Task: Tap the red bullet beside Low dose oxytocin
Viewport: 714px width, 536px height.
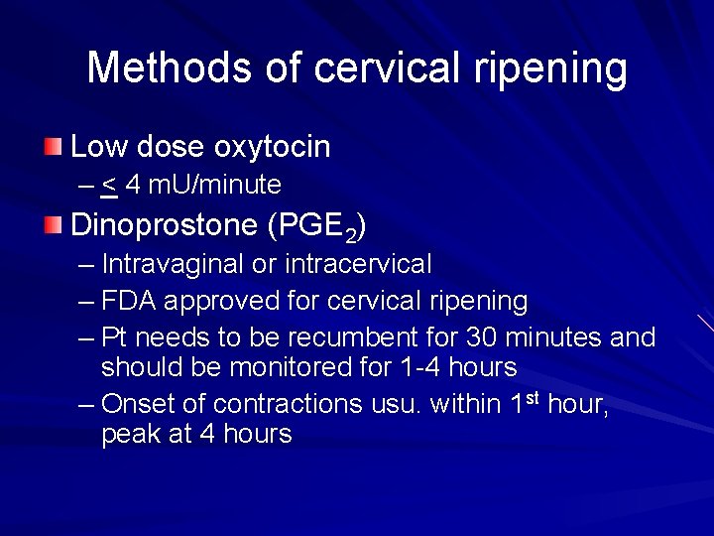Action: point(53,148)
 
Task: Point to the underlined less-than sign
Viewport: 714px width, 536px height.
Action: point(109,186)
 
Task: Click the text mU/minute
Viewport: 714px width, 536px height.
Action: point(215,186)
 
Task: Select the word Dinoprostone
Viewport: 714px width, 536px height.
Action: point(164,226)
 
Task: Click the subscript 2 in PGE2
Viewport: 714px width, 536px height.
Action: point(351,235)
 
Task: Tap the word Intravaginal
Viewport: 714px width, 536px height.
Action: point(173,265)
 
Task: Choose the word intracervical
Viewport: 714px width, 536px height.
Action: point(358,265)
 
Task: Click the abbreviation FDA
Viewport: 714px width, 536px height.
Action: point(126,301)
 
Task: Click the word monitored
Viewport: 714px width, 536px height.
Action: point(301,367)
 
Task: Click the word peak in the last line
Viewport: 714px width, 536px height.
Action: point(132,435)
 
